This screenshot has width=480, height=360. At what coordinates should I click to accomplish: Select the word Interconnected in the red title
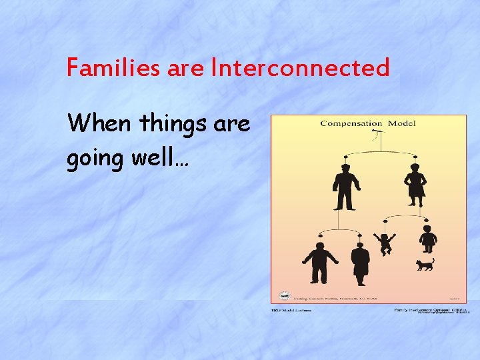click(300, 68)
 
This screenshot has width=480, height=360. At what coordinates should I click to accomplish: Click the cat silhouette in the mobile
click(425, 264)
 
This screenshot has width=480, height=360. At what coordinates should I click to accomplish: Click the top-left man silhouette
click(346, 187)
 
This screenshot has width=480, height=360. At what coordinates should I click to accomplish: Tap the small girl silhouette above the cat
click(427, 239)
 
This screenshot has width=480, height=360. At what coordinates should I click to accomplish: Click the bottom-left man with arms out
click(319, 263)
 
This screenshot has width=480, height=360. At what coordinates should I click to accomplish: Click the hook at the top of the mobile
click(377, 137)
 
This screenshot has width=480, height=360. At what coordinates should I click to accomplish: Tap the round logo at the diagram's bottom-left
click(285, 296)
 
